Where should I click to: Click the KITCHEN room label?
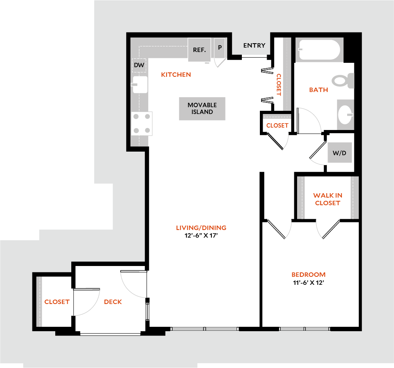point(176,74)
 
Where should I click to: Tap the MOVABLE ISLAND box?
point(202,109)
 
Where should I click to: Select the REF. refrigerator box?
point(199,50)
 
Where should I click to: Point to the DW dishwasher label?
point(139,65)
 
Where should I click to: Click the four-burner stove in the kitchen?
point(142,124)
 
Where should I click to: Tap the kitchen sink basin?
point(140,84)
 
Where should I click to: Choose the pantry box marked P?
point(219,48)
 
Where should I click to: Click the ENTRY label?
point(254,46)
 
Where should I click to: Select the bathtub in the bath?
point(319,50)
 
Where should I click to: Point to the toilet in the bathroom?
point(343,80)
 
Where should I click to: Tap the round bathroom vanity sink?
point(345,115)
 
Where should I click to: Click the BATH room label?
point(318,90)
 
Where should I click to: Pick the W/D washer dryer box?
point(340,153)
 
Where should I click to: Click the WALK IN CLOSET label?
point(328,199)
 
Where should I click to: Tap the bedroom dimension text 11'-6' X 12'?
point(309,283)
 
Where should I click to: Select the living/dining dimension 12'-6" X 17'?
point(201,236)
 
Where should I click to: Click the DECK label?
point(113,302)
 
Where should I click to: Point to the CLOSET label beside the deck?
point(57,302)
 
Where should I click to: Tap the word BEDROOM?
point(309,275)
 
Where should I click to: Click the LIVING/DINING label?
point(201,228)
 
